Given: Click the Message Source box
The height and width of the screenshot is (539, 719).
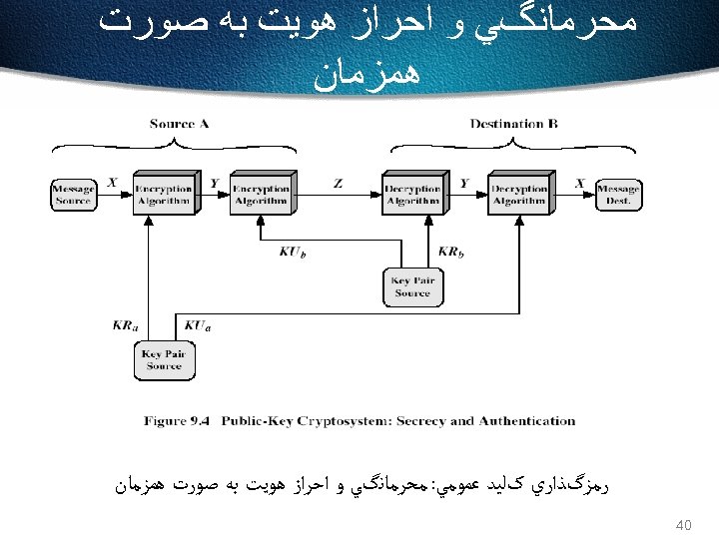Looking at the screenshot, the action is tap(73, 195).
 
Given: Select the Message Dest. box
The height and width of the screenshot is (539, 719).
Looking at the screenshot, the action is tap(618, 195).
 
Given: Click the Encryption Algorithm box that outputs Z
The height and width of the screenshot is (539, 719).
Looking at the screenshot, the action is tap(260, 194).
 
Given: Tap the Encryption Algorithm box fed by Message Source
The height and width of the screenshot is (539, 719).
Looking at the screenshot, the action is tap(163, 194).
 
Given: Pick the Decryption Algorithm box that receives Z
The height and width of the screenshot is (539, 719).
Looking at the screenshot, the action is tap(412, 194).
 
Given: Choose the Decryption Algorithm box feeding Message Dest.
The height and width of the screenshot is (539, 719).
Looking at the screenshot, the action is tap(518, 194).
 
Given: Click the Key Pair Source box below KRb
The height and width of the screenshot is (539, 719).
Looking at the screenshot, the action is tap(411, 287).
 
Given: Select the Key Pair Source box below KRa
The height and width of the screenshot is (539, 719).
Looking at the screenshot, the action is tap(164, 359).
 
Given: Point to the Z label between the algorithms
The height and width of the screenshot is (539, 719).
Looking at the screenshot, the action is tap(339, 184).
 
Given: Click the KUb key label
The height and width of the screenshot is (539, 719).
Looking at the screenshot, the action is tap(293, 253).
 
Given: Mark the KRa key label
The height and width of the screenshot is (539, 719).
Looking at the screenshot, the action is tap(127, 324).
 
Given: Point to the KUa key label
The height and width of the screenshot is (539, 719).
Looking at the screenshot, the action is tap(197, 324).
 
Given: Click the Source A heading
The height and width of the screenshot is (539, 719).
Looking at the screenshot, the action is tap(179, 124).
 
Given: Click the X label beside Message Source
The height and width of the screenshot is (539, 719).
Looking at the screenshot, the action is tap(112, 183).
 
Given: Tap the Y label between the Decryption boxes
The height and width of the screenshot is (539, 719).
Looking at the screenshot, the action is tap(463, 183).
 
